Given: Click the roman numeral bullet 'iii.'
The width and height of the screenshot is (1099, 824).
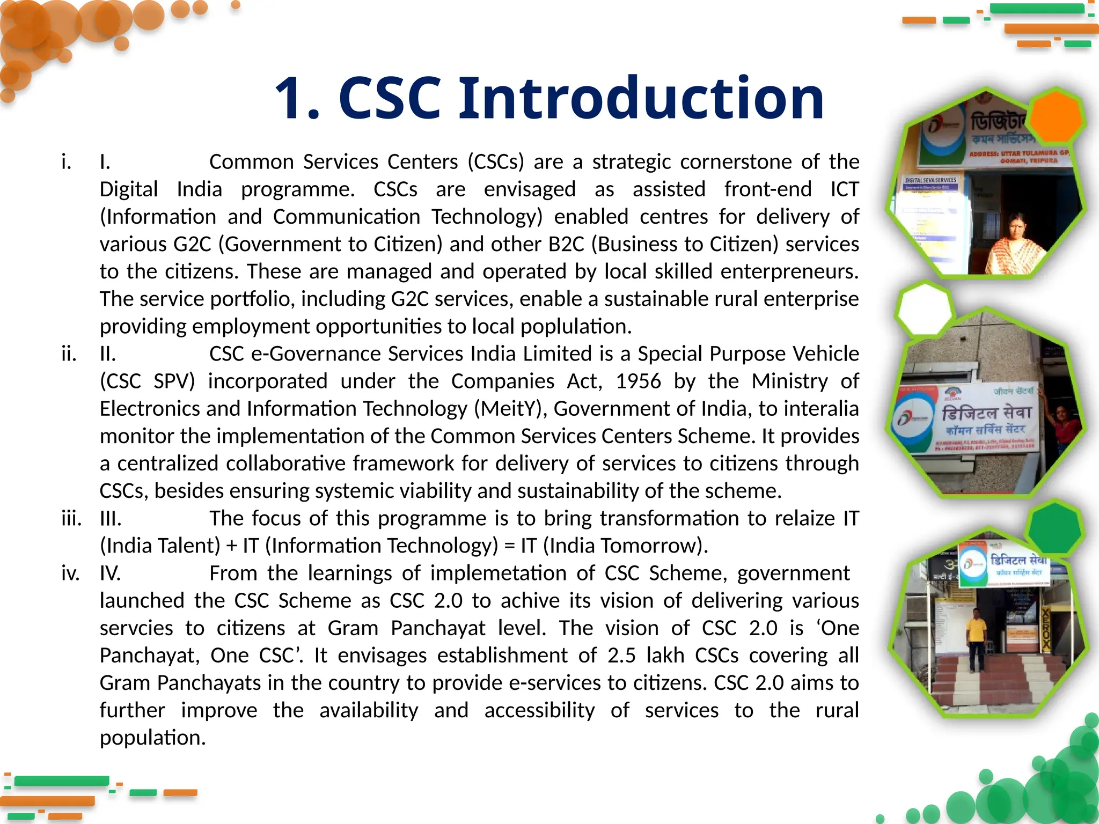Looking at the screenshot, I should [71, 519].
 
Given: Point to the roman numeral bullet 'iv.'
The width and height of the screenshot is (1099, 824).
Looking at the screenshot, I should [70, 573].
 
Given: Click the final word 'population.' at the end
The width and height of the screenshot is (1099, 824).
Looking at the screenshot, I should [153, 738].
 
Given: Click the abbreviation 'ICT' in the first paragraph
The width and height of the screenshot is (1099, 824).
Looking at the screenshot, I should [844, 189].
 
